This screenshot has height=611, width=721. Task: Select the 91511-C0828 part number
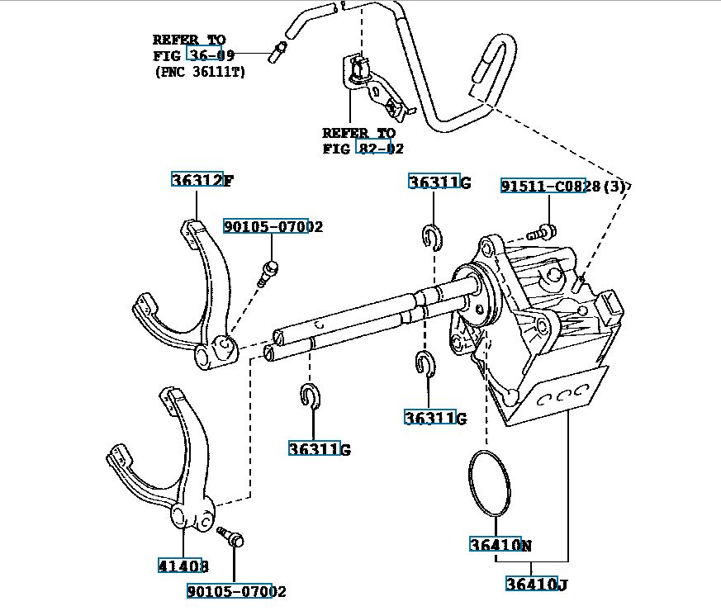[x=550, y=187]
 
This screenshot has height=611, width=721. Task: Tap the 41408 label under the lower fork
[x=183, y=566]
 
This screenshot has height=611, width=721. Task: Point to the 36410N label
[x=500, y=545]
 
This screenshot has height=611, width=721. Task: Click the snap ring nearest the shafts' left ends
[x=311, y=395]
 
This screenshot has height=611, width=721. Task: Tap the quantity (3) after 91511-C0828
[x=614, y=187]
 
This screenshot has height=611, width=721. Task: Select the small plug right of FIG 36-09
[x=276, y=55]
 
